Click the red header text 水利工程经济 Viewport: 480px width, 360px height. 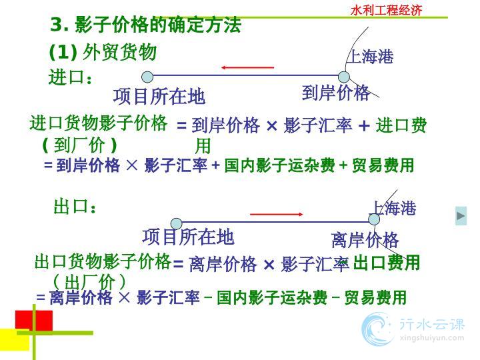click(x=386, y=10)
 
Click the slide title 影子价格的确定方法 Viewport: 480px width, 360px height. click(x=158, y=25)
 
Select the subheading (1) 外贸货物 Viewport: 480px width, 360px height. click(x=103, y=52)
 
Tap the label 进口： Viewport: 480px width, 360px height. click(x=70, y=77)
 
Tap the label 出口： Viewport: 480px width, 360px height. click(x=75, y=206)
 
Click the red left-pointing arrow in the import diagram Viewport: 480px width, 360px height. click(x=247, y=67)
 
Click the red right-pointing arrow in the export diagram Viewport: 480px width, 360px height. click(x=277, y=214)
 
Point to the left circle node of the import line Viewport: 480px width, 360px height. click(x=147, y=77)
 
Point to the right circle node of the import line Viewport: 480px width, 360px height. click(x=344, y=77)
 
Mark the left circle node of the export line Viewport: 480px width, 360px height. click(x=176, y=224)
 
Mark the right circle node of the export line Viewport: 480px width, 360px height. click(x=374, y=219)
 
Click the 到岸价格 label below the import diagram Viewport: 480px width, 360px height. click(x=335, y=93)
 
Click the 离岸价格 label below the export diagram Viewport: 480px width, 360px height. click(x=365, y=240)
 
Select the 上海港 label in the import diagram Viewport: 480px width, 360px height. click(x=371, y=57)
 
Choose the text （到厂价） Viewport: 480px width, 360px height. click(x=79, y=145)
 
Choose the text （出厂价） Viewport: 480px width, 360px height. click(x=89, y=281)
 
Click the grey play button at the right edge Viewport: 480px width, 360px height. click(x=461, y=216)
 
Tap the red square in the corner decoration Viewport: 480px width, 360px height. click(x=34, y=320)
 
